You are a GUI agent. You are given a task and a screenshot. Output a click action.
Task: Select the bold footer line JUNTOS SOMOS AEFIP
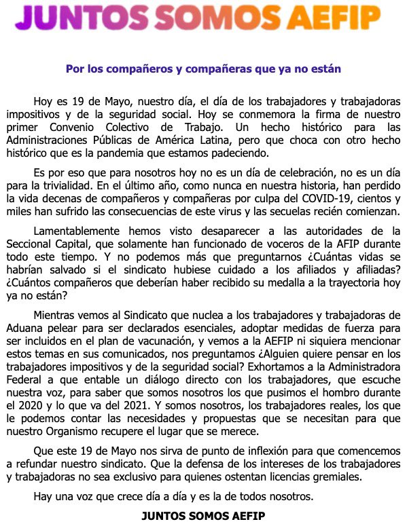[203, 515]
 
